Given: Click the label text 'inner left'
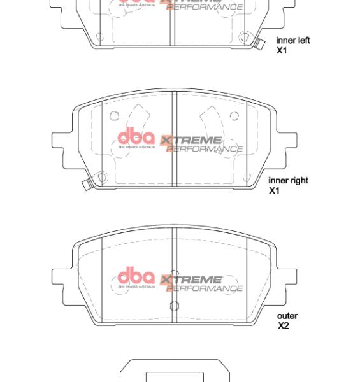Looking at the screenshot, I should [x=292, y=41].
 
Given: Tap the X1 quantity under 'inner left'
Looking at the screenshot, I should [x=282, y=50].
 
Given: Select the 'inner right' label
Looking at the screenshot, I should [x=288, y=181].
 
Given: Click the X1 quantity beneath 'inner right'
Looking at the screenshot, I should [x=274, y=190].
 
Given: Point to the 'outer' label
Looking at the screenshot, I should [x=287, y=316].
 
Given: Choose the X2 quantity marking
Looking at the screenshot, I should [x=283, y=326].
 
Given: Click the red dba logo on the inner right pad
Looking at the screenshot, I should [x=136, y=137].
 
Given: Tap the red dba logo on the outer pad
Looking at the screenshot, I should [x=136, y=276].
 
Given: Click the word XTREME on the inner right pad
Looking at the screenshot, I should [x=191, y=140].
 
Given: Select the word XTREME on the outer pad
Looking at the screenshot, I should [x=191, y=279].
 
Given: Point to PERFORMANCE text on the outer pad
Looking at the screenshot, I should [x=205, y=288].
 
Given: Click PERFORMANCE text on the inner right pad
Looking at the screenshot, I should [x=205, y=149].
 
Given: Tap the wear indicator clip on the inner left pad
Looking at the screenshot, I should [x=258, y=43].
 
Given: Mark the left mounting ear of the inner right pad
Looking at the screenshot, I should [x=62, y=140].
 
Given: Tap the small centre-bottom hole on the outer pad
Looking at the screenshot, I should [x=173, y=306].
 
